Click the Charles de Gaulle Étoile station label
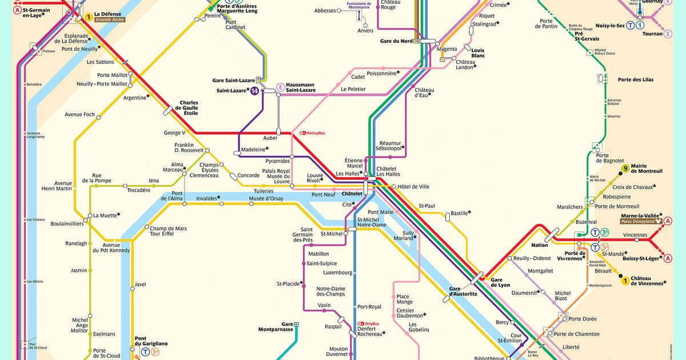[x=189, y=108]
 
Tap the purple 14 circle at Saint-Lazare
[x=254, y=91]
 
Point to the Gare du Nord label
[x=396, y=41]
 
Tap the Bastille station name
[x=460, y=213]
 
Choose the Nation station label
[x=540, y=245]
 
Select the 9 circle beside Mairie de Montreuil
[x=625, y=168]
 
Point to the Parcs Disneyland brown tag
[x=641, y=221]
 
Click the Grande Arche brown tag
[x=110, y=20]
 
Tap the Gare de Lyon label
[x=500, y=282]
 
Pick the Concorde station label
[x=248, y=175]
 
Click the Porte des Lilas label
[x=635, y=79]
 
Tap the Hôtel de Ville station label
[x=413, y=187]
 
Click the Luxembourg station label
[x=338, y=273]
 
